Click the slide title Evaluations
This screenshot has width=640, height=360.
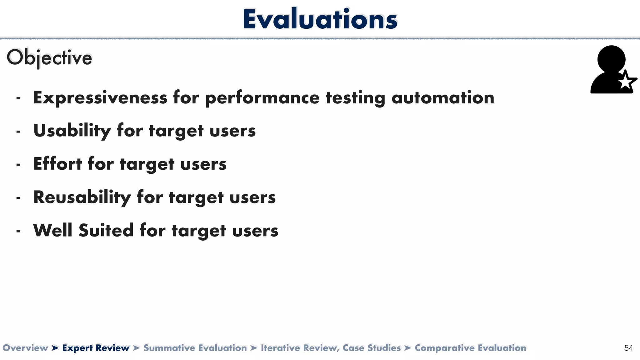pos(320,19)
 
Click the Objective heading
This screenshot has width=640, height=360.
pos(49,58)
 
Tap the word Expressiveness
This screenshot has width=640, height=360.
pos(100,98)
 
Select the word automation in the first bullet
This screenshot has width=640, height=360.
pos(442,98)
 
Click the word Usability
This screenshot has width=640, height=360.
pos(72,131)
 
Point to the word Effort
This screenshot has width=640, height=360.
pos(57,164)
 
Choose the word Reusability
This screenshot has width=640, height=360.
pos(82,197)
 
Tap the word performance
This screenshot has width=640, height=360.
pos(262,98)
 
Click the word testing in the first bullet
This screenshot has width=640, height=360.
pos(355,98)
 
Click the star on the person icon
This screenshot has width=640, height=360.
pos(626,82)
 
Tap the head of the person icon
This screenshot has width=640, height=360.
pos(611,59)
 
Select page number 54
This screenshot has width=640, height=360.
pos(628,348)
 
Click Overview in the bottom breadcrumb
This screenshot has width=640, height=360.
pos(25,348)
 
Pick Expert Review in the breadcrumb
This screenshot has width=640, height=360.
pos(96,348)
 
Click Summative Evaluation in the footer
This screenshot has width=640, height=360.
pos(195,348)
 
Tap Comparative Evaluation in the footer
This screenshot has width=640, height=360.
pos(470,348)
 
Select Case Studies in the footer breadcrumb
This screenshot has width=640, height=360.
pos(372,348)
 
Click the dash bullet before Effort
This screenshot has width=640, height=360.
pos(18,164)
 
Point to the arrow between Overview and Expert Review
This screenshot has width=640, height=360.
pos(55,348)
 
